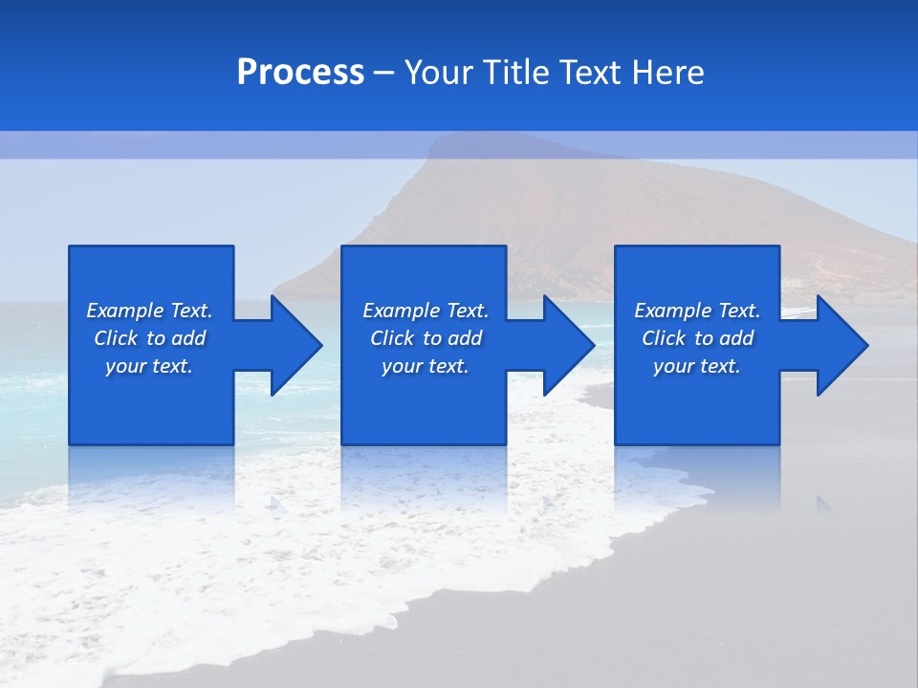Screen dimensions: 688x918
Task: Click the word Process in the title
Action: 300,73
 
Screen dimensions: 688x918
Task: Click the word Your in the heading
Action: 441,73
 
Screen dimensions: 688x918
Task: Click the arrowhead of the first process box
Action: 296,345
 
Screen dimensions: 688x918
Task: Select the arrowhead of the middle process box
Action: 570,345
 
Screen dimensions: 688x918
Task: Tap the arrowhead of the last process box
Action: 842,345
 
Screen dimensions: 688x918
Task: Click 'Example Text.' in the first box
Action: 149,311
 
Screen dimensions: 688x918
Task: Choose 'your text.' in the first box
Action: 149,366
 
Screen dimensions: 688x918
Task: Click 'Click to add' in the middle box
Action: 426,338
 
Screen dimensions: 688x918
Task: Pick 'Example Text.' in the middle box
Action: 426,311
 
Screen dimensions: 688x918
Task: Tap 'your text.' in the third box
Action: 696,366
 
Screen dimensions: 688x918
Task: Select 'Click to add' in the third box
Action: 697,338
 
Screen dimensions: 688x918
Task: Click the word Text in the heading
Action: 592,73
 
